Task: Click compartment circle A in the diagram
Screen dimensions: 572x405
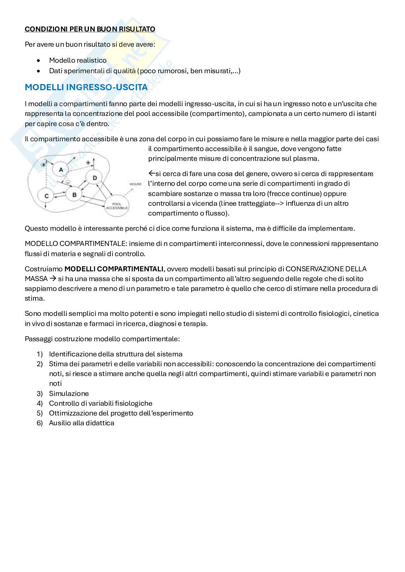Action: (61, 170)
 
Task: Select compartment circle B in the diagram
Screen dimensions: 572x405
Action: (74, 195)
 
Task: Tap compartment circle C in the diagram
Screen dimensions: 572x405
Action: (46, 196)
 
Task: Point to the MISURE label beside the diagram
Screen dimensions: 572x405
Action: (135, 184)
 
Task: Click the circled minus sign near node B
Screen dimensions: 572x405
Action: (67, 182)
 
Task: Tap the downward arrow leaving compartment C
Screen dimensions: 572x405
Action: (45, 205)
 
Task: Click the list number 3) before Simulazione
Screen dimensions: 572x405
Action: (40, 393)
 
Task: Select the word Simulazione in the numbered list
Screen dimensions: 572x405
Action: (69, 393)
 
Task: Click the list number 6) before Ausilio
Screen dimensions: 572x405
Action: (40, 423)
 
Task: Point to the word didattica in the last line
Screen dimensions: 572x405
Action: (100, 423)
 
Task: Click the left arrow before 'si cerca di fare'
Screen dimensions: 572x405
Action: (151, 174)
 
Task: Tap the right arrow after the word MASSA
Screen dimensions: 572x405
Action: (52, 279)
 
